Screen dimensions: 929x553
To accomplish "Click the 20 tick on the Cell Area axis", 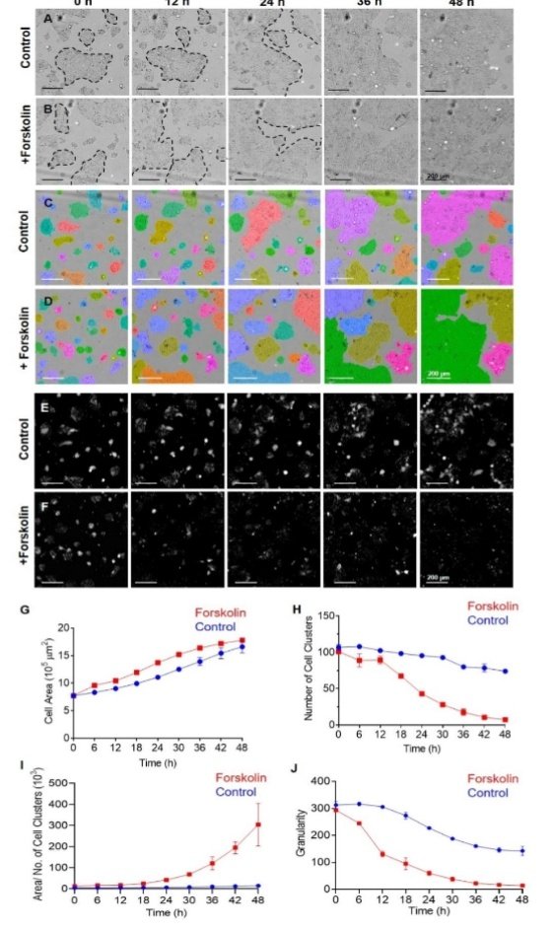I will pos(60,628).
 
